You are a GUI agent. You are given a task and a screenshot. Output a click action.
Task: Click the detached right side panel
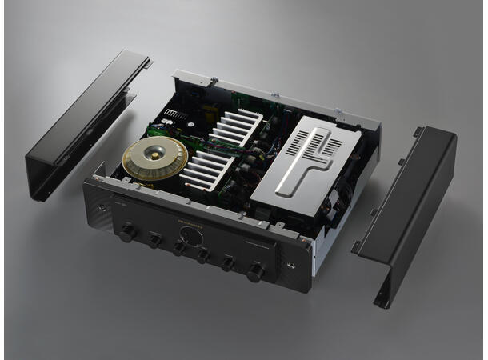click(408, 208)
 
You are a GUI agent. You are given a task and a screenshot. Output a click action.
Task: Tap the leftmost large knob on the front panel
click(126, 233)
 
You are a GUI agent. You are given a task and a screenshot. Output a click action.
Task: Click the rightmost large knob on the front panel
click(257, 273)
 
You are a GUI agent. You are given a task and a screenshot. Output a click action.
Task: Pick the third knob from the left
click(179, 249)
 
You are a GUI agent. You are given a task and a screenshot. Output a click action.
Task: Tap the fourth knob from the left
click(203, 256)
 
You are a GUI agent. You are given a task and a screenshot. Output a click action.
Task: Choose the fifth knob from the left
click(228, 264)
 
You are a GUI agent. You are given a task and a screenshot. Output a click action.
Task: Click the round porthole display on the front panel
click(190, 237)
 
